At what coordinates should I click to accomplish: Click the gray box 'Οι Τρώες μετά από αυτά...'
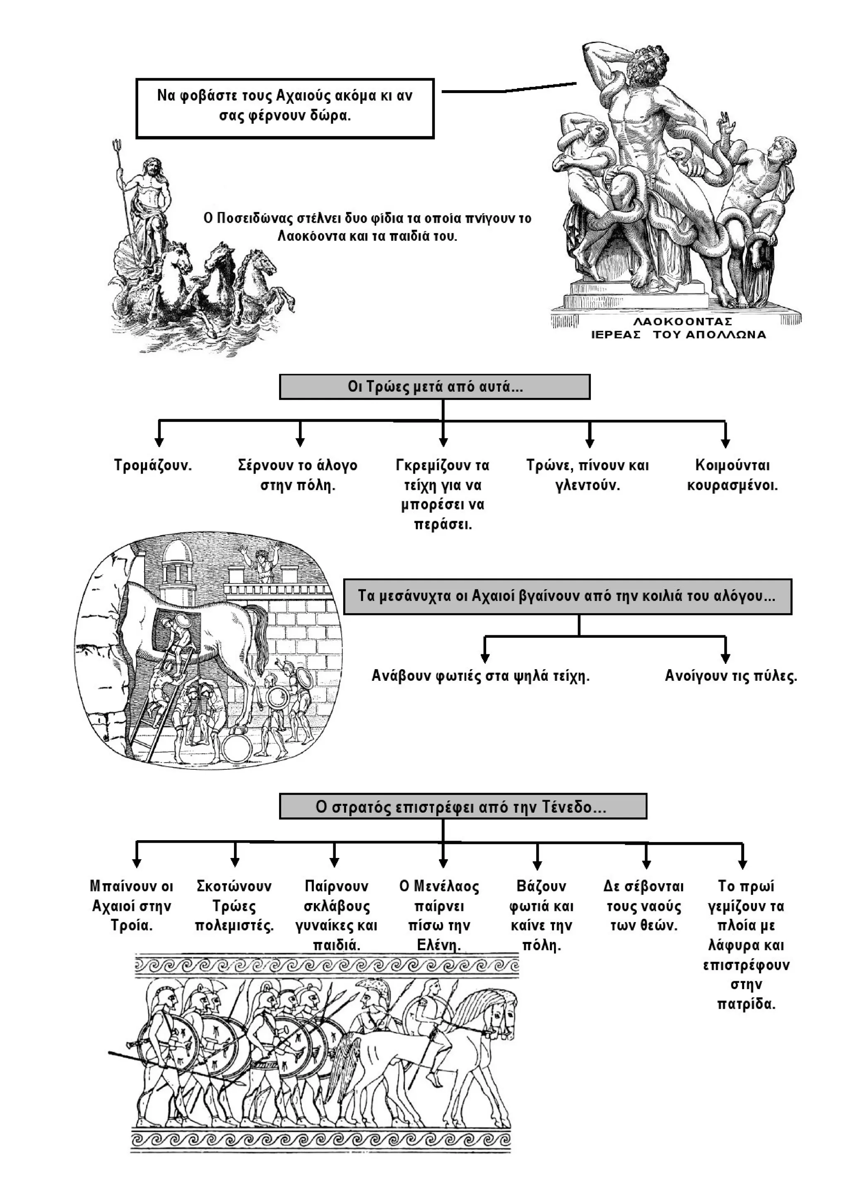(x=435, y=387)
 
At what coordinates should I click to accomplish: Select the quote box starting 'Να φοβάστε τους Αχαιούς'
(x=285, y=108)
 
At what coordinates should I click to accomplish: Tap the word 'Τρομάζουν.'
(x=153, y=465)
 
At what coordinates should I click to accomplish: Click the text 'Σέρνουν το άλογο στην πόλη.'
(x=298, y=475)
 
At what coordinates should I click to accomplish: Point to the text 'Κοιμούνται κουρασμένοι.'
(x=732, y=475)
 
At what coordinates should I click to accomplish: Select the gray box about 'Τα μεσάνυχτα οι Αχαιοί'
(x=567, y=596)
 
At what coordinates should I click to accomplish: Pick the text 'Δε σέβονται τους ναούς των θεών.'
(x=644, y=906)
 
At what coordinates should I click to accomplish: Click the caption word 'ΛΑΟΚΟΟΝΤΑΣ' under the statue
(x=683, y=321)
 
